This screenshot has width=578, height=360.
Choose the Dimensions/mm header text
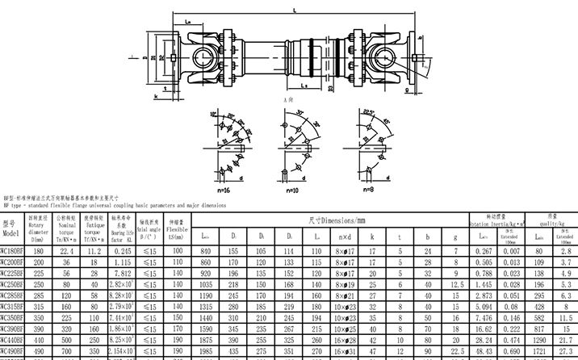pyautogui.click(x=338, y=220)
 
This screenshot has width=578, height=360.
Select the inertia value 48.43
pyautogui.click(x=485, y=352)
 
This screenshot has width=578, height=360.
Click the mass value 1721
pyautogui.click(x=538, y=352)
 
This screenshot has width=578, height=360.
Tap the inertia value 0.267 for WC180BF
pyautogui.click(x=485, y=251)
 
